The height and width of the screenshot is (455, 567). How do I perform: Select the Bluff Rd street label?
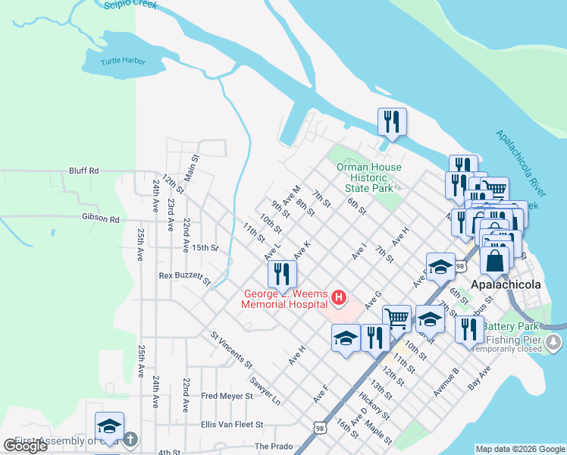pos(83,171)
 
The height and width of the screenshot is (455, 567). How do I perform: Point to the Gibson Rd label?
pos(101,219)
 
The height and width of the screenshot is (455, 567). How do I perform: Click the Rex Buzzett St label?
pos(184,276)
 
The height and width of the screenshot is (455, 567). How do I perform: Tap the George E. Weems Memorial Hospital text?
pos(283,300)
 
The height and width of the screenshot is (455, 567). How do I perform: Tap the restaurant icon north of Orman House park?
pos(392,122)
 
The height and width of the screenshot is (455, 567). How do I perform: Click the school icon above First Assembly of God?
pos(109,427)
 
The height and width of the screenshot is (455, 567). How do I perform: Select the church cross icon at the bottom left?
pos(130,439)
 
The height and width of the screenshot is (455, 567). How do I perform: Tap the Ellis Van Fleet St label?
pos(231,425)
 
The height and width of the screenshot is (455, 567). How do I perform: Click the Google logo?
pos(26,445)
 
